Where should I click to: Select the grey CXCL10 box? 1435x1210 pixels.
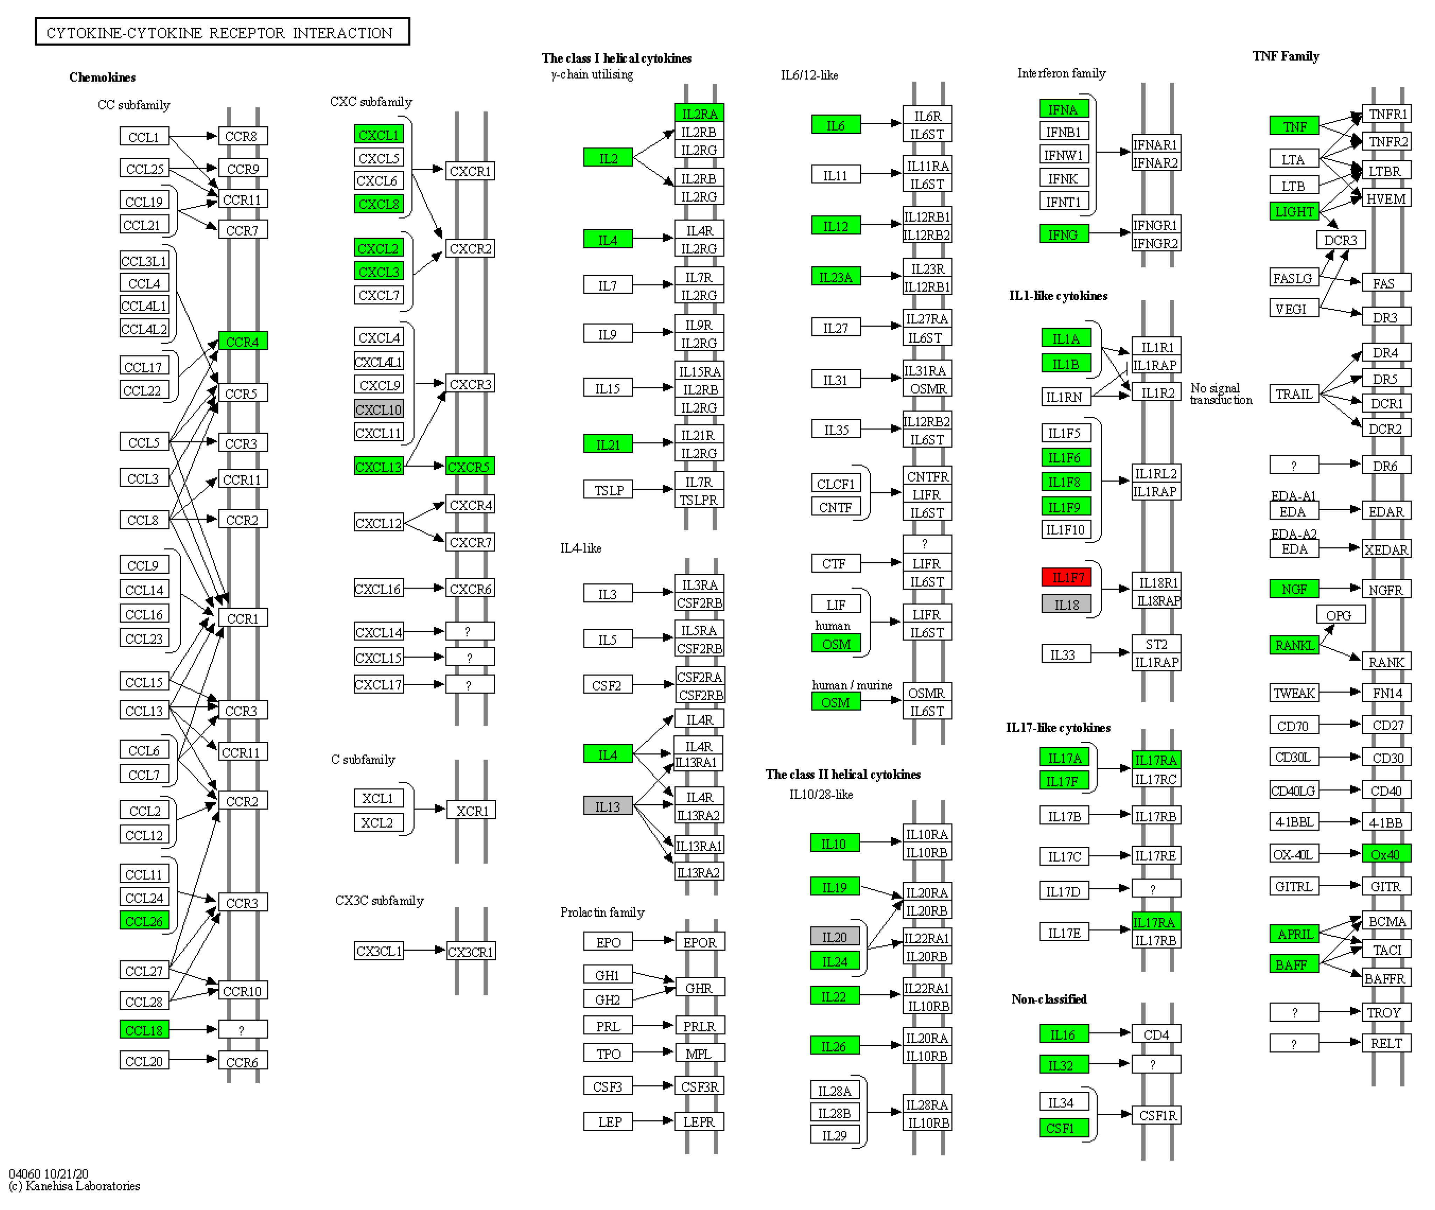(x=378, y=410)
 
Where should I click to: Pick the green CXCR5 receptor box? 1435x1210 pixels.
(x=469, y=467)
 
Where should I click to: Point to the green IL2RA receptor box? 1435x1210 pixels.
(x=699, y=113)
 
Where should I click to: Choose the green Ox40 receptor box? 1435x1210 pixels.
(x=1386, y=854)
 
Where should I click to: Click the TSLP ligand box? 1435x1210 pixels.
(x=608, y=490)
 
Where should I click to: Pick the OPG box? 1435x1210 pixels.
(x=1340, y=615)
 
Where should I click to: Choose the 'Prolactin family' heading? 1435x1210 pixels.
(x=602, y=912)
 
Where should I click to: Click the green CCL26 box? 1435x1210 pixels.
(x=144, y=921)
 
